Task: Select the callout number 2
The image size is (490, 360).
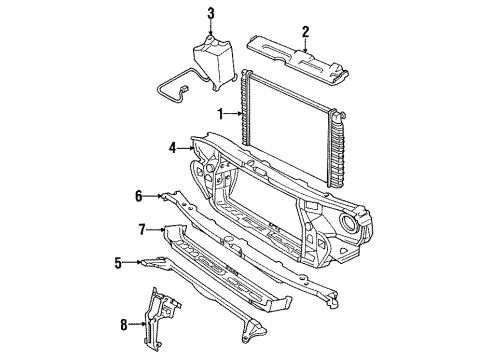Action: [x=305, y=31]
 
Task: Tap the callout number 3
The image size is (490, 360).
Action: [x=211, y=13]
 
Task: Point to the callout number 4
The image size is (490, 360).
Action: [x=172, y=148]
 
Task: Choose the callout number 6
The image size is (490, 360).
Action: [x=140, y=196]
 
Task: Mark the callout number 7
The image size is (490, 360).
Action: [x=142, y=229]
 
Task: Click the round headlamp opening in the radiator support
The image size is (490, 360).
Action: [x=353, y=222]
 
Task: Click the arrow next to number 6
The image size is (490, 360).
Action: [x=153, y=196]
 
